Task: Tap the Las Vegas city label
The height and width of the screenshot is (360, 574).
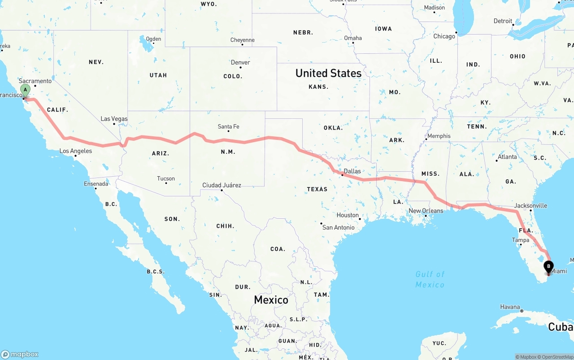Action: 114,119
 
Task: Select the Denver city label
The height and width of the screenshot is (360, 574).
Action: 240,62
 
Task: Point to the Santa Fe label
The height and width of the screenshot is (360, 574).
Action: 228,126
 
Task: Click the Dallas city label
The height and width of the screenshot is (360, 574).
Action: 352,171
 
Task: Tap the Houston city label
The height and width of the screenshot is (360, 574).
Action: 348,215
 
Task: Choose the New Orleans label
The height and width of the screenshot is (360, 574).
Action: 426,211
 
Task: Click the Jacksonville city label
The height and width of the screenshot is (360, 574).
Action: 531,206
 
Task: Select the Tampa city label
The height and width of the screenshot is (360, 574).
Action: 520,240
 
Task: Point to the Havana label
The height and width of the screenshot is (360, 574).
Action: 510,307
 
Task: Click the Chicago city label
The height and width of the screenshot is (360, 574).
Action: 444,36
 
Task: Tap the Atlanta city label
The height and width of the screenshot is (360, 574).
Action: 507,157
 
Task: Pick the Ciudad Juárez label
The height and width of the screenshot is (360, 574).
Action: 222,185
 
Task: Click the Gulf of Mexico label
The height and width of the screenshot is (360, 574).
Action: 430,279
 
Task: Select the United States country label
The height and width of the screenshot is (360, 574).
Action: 328,73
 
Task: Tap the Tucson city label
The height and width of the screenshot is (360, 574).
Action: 166,178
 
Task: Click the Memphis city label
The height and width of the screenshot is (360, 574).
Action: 439,136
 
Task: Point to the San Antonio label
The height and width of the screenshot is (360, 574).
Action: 338,227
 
